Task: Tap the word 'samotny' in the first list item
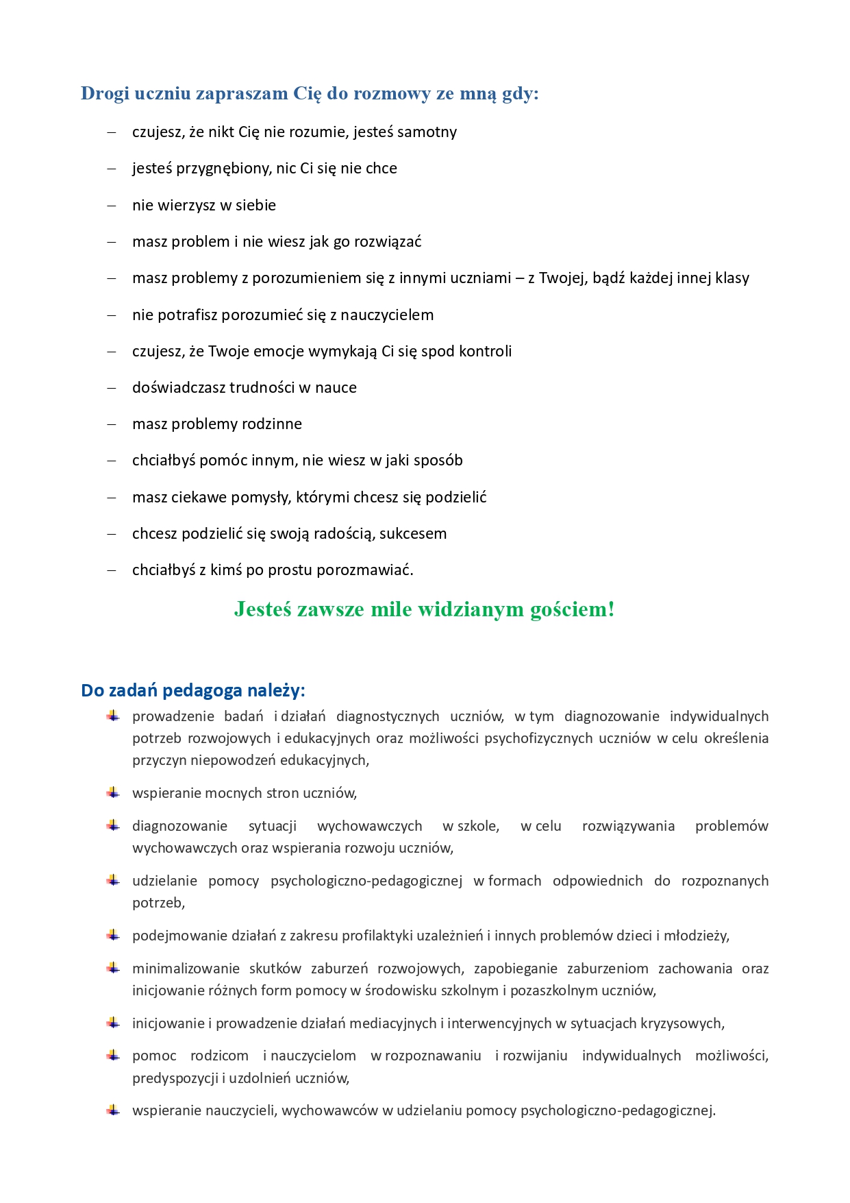click(427, 132)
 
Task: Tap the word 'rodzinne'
click(272, 424)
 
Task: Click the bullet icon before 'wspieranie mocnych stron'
click(113, 793)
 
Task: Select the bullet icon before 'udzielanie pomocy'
click(113, 881)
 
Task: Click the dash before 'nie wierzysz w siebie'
click(112, 205)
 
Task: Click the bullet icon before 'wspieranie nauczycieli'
click(113, 1110)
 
